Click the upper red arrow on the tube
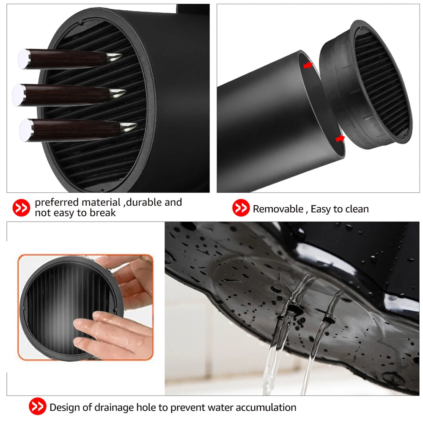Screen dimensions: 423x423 pos(308,65)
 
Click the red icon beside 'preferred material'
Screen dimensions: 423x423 pos(21,208)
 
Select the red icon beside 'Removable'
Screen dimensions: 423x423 pos(241,209)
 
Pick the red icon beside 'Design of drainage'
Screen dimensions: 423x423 pos(38,407)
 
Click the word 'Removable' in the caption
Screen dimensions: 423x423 pos(278,209)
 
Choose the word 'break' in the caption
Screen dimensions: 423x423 pos(102,213)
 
